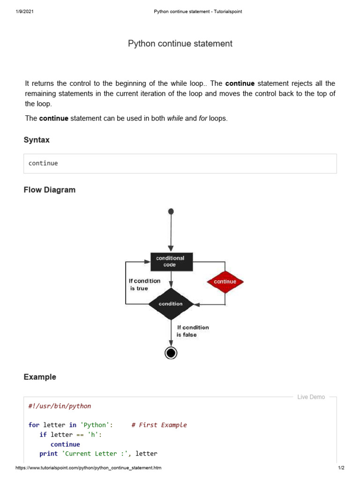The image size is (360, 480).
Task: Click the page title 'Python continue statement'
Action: pos(180,44)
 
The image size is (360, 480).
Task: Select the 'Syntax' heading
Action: pos(37,140)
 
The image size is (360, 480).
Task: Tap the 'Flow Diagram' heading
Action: pos(49,190)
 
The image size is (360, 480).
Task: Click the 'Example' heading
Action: pos(40,377)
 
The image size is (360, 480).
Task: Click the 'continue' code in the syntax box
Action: pos(43,164)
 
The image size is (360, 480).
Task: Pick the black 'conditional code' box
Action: pos(171,262)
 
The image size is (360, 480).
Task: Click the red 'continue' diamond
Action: pos(225,282)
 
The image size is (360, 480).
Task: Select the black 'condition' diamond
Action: pos(171,304)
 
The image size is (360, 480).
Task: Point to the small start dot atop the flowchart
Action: pos(171,211)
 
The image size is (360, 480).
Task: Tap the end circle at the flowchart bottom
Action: pos(171,352)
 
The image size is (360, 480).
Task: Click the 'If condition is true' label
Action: pos(144,285)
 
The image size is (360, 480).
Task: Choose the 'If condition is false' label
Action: pos(193,331)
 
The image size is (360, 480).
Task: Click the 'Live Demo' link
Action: pos(311,397)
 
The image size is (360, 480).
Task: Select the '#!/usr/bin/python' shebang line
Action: pos(60,406)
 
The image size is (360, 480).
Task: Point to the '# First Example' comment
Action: pos(159,425)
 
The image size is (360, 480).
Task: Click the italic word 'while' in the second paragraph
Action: pos(175,119)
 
